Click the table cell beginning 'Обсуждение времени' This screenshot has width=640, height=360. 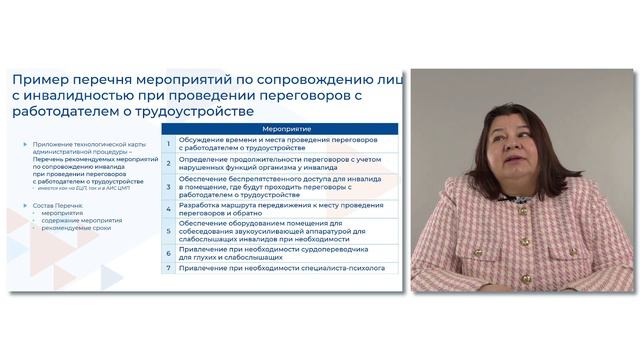(270, 144)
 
